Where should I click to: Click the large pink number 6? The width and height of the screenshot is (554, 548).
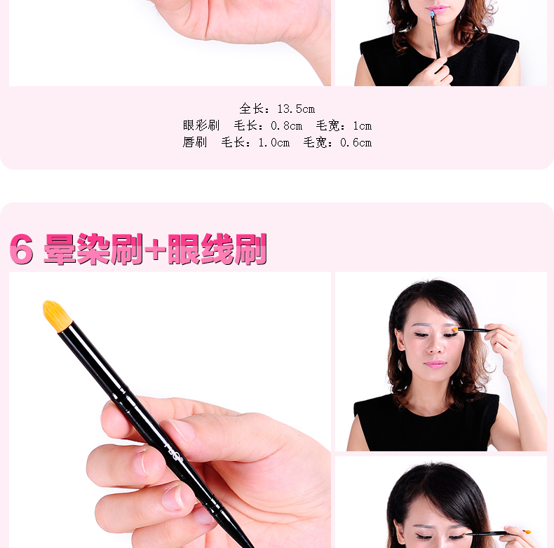tap(22, 249)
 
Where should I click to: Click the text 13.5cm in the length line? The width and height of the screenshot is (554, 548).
tap(296, 109)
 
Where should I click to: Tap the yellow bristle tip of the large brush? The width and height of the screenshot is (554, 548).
tap(57, 315)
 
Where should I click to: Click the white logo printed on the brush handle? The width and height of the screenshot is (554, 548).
tap(174, 452)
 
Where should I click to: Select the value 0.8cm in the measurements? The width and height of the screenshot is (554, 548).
tap(286, 126)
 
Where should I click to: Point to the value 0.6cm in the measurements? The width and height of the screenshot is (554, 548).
tap(356, 143)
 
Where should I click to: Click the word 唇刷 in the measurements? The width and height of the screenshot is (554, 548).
tap(195, 142)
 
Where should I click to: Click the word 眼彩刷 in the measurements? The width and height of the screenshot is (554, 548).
tap(201, 125)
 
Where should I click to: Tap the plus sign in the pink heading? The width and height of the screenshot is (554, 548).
tap(156, 250)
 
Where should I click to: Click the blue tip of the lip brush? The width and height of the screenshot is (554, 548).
tap(432, 14)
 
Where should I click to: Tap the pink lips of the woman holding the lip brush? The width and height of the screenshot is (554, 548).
tap(438, 9)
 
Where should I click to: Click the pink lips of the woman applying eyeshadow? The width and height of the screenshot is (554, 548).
tap(435, 364)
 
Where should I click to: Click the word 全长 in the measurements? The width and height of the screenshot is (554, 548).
tap(251, 109)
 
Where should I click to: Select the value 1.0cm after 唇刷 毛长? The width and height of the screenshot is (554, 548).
tap(273, 143)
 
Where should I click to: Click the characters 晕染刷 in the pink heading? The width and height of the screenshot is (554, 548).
tap(93, 249)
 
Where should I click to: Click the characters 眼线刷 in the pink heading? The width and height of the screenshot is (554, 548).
tap(217, 249)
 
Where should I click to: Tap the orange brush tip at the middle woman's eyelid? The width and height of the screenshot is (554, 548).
tap(455, 329)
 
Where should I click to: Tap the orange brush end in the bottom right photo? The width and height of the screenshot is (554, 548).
tap(527, 532)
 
